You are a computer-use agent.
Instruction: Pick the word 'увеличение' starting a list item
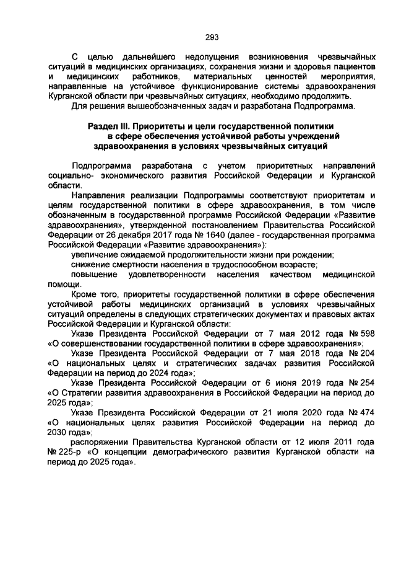click(x=96, y=255)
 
